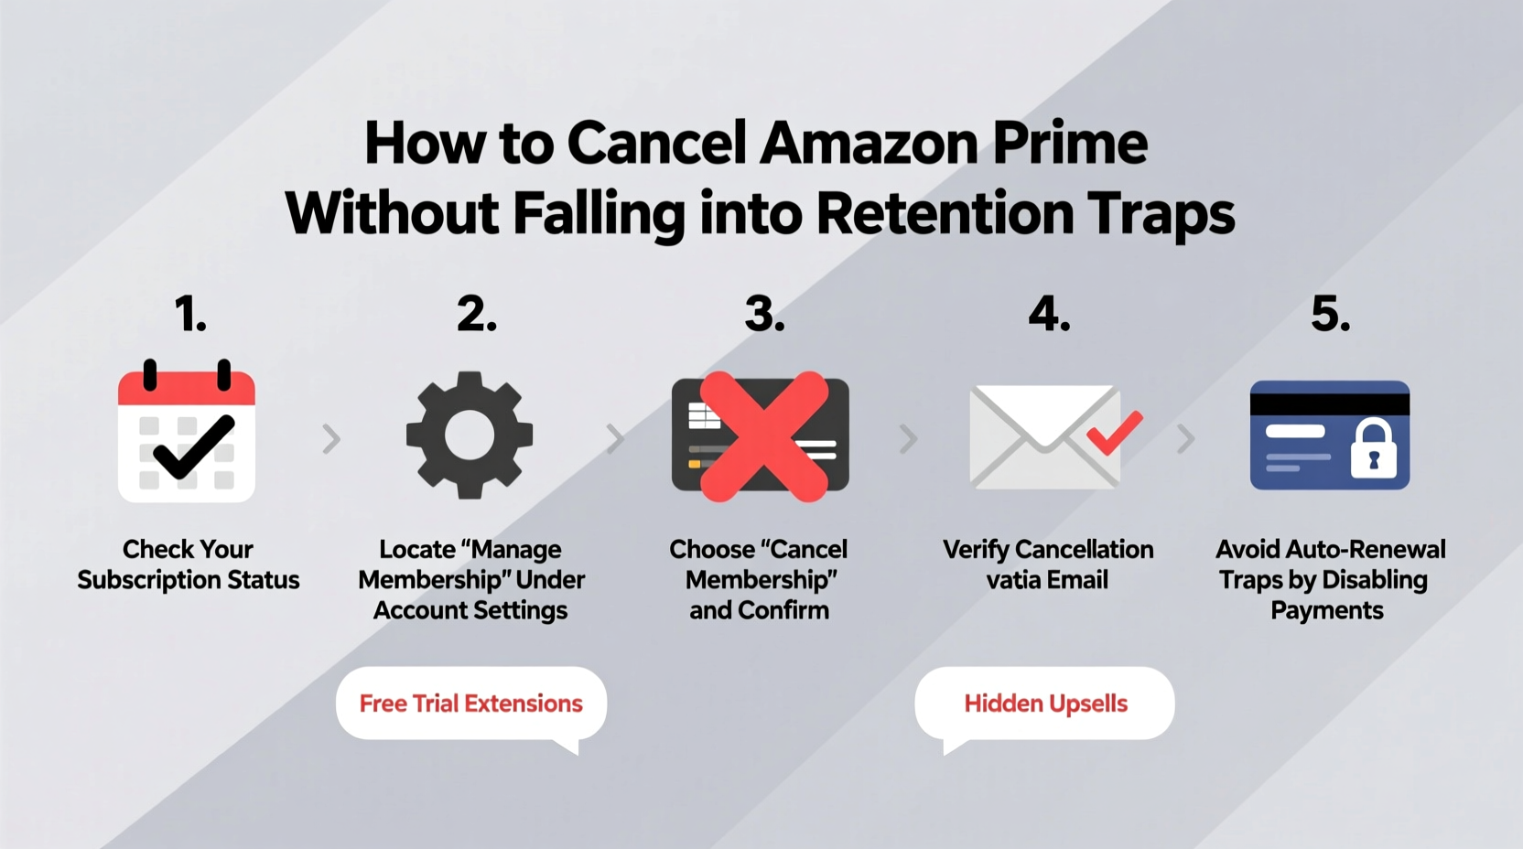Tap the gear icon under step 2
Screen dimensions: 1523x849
[470, 435]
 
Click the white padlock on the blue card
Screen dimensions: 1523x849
[1373, 449]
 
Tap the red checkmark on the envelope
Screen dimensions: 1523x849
[1114, 433]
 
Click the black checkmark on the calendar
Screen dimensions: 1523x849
[193, 446]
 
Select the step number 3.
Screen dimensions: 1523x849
[763, 315]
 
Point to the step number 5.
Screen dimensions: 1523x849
[1330, 315]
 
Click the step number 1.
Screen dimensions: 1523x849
[190, 315]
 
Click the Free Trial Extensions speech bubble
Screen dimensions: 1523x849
[470, 704]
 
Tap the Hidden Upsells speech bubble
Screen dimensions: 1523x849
[1045, 704]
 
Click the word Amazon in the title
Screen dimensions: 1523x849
[869, 144]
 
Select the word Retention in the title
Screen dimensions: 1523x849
[945, 214]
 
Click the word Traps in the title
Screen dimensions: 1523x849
[1161, 214]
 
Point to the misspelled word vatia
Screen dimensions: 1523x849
[1011, 580]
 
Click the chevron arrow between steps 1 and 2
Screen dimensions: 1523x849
[331, 439]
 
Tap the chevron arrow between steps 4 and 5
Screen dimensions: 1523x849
[1185, 439]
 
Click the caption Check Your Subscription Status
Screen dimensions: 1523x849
[188, 564]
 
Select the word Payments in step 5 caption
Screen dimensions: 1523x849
[1326, 611]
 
